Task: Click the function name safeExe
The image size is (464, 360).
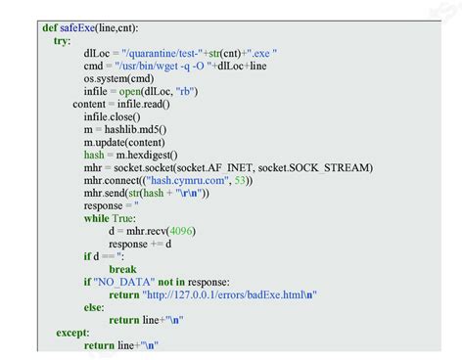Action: [x=79, y=28]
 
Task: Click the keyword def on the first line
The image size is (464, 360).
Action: [x=49, y=28]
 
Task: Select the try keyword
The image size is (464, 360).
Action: [x=61, y=41]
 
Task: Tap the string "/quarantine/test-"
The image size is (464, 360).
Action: [x=161, y=54]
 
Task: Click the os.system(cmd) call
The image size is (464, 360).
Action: [x=118, y=79]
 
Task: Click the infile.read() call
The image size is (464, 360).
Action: [x=143, y=105]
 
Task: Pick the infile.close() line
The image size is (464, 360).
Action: [x=112, y=117]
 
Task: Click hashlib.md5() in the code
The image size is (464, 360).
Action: [x=135, y=129]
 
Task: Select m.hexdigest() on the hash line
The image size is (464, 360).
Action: [x=147, y=155]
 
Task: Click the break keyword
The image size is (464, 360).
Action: [x=122, y=269]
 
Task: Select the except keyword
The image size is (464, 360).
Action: [x=71, y=333]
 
